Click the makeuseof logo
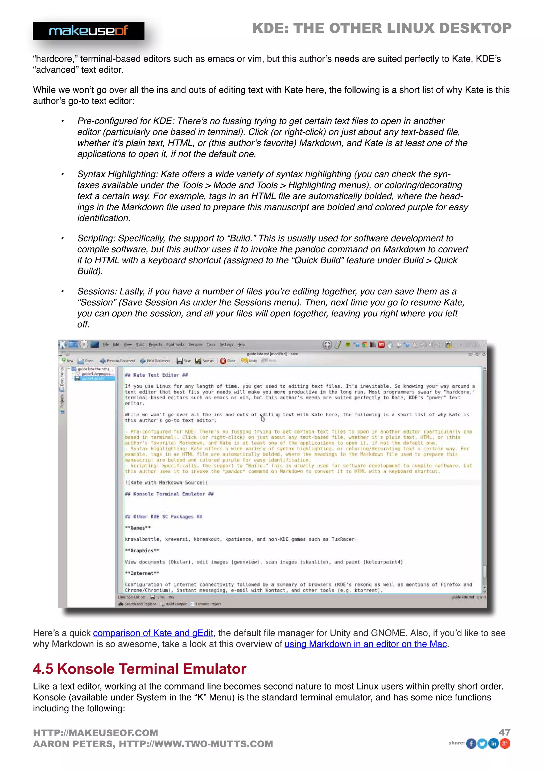point(89,31)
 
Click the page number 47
point(504,732)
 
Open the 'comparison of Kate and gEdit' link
point(153,633)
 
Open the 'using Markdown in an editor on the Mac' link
point(365,644)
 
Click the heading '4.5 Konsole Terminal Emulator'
point(140,669)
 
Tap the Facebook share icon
point(471,744)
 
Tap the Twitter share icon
point(482,744)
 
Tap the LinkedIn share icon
point(493,744)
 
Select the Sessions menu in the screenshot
point(195,345)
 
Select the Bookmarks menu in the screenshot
point(175,345)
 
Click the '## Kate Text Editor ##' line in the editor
point(156,375)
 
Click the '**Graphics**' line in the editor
point(142,551)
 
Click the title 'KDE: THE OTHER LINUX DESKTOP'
point(382,28)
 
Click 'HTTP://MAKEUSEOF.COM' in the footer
point(95,733)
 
